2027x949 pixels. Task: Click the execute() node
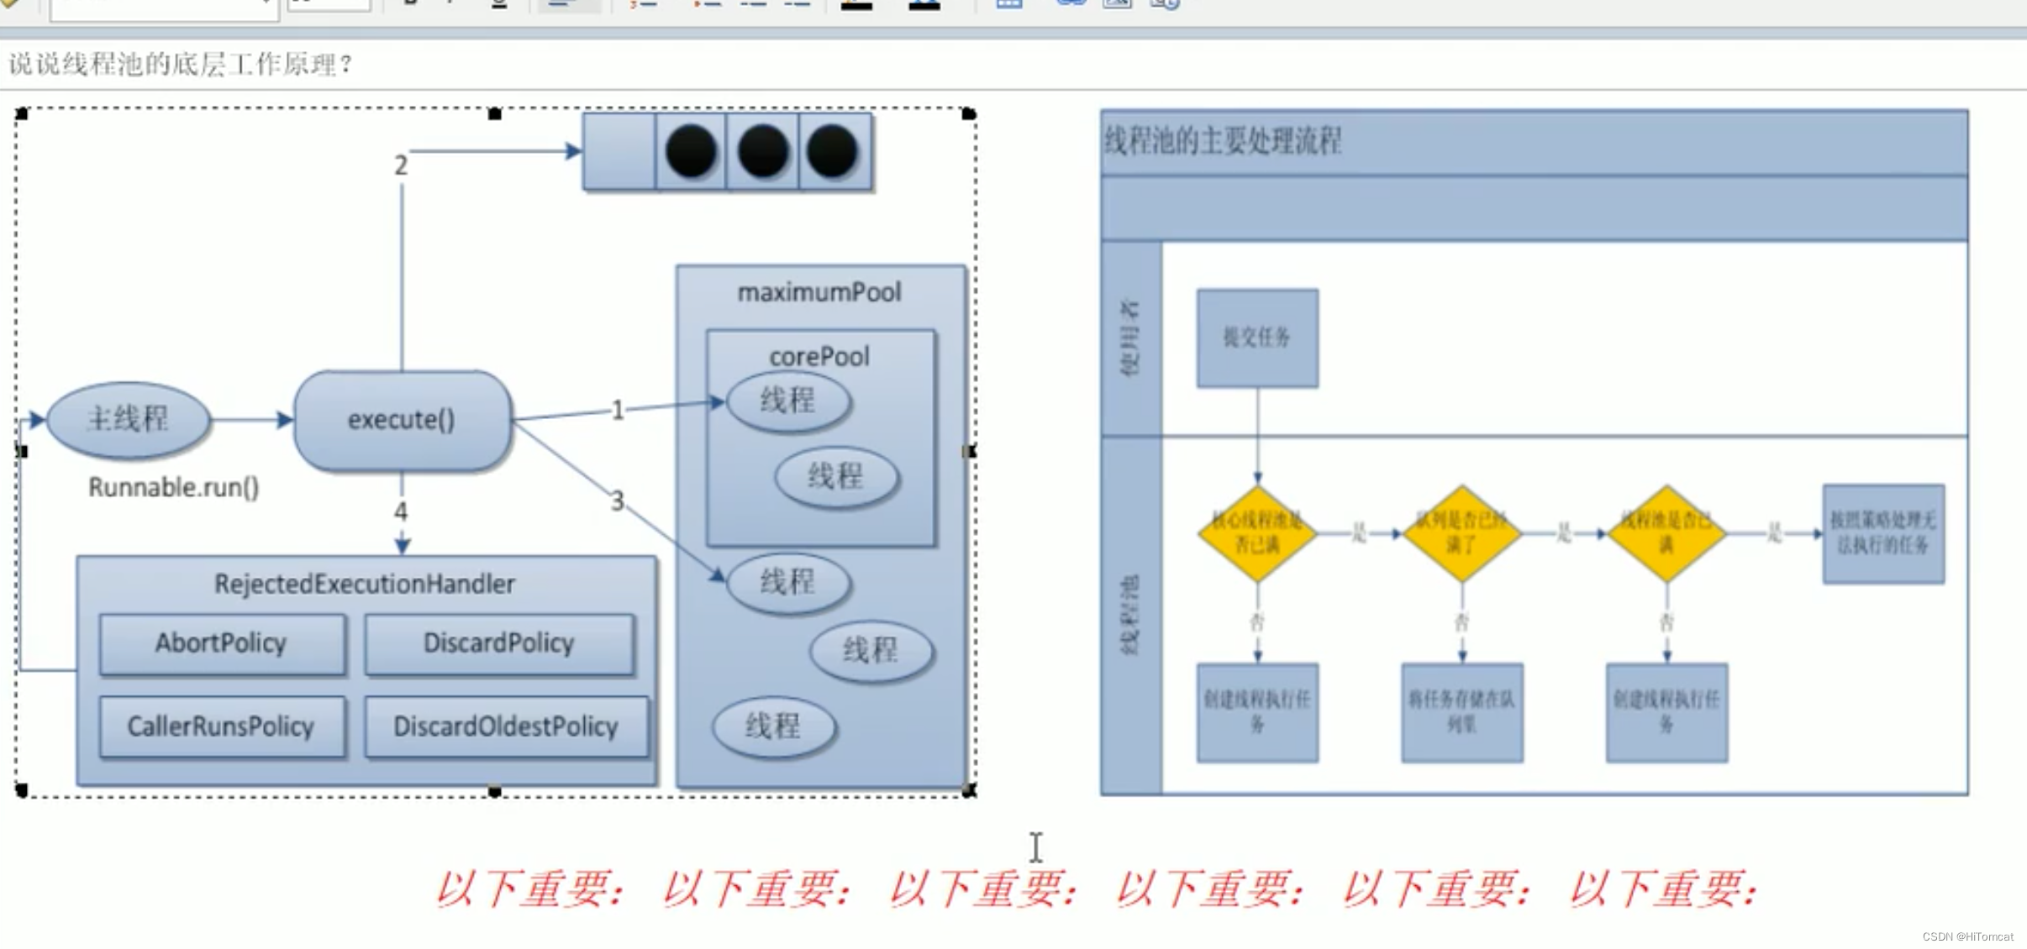(x=402, y=420)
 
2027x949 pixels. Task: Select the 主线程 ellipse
(x=128, y=419)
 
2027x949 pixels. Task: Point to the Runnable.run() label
(x=173, y=487)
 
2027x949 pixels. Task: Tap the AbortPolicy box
(x=221, y=643)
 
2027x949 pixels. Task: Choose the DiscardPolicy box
(x=499, y=643)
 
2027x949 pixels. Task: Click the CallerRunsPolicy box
(x=221, y=726)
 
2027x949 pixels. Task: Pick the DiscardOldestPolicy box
(x=506, y=726)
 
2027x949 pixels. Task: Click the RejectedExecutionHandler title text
(x=365, y=584)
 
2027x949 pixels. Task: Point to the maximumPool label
(x=819, y=292)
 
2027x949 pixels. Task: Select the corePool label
(x=819, y=356)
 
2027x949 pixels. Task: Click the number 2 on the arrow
(x=401, y=165)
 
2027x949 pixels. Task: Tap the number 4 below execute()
(x=401, y=511)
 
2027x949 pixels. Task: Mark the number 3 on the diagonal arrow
(x=618, y=501)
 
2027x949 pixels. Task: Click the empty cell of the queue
(x=619, y=152)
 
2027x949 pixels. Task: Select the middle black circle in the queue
(x=762, y=152)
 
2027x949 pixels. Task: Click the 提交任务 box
(x=1257, y=338)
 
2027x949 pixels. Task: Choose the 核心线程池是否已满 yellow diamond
(x=1257, y=533)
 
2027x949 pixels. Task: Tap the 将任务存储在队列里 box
(x=1462, y=712)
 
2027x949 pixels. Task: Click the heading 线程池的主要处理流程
(x=1223, y=141)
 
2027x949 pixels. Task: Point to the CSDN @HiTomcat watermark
(x=1967, y=936)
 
